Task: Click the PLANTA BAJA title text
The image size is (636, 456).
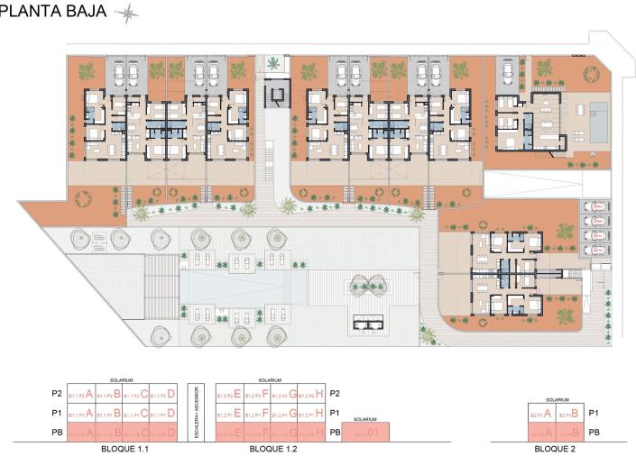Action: (x=52, y=12)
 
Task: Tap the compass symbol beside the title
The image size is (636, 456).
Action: (x=125, y=12)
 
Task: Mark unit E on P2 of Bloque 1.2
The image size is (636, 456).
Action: (x=232, y=394)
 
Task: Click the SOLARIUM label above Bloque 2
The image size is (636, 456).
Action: (x=554, y=399)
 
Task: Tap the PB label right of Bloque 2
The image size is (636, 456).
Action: (x=595, y=433)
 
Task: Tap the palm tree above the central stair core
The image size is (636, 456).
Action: (x=272, y=63)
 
